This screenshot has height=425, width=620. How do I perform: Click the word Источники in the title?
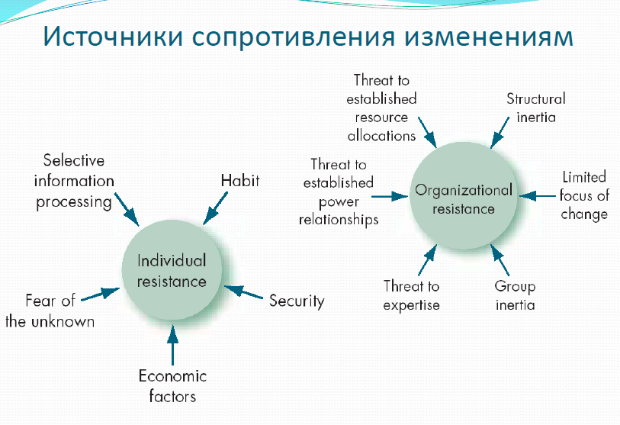click(x=113, y=37)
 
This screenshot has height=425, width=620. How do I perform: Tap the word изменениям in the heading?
click(x=489, y=37)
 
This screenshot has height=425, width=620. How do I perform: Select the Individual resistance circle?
click(x=172, y=270)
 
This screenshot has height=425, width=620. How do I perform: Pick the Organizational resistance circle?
click(x=464, y=196)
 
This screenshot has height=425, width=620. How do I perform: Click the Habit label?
click(x=240, y=180)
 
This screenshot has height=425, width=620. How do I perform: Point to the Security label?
click(x=297, y=301)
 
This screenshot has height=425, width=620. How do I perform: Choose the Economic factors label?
click(x=172, y=386)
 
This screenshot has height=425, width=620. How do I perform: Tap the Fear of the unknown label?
click(x=50, y=311)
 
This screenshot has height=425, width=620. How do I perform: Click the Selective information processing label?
click(x=74, y=182)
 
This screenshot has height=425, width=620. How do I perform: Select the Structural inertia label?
click(x=536, y=108)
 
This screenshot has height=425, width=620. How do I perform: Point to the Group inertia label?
click(x=515, y=295)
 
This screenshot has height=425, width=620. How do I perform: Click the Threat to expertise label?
click(x=411, y=295)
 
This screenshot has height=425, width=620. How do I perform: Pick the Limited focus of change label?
click(x=584, y=195)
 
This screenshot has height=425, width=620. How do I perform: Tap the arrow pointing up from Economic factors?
click(x=172, y=345)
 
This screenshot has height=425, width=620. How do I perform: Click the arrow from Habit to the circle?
click(x=215, y=208)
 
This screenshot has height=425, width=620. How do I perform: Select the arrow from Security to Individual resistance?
click(x=243, y=292)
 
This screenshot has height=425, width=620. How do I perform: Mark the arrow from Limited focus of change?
click(x=538, y=195)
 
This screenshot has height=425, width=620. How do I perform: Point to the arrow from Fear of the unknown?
click(x=101, y=295)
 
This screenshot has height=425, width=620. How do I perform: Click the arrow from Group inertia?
click(x=500, y=259)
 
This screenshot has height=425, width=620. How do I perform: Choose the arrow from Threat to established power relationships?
click(x=390, y=196)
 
